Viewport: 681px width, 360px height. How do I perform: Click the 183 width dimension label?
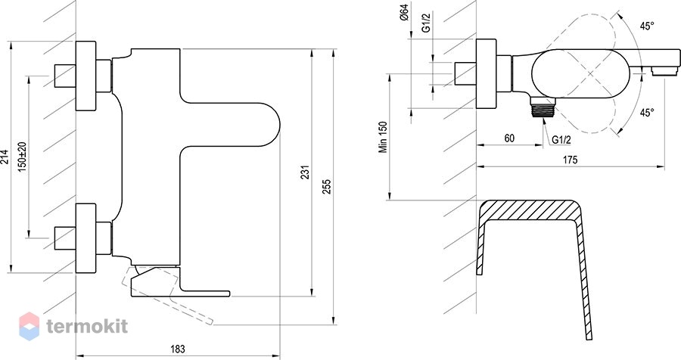coord(178,349)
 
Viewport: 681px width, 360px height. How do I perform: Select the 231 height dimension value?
coord(306,172)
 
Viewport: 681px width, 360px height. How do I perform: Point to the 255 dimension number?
coord(327,187)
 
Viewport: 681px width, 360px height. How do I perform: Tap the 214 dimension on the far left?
coord(5,157)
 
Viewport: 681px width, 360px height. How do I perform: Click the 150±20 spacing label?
coord(23,157)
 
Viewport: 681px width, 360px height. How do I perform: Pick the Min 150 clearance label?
coord(383,137)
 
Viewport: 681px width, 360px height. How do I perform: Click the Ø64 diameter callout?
coord(404,12)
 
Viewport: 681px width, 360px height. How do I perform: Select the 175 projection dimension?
coord(571,160)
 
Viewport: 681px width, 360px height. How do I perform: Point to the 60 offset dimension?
coord(510,138)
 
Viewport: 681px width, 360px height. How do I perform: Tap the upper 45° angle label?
coord(647,26)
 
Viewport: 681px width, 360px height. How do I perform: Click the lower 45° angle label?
coord(647,113)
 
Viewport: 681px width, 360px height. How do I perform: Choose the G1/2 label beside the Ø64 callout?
coord(426,22)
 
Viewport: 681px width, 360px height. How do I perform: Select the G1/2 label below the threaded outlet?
coord(561,140)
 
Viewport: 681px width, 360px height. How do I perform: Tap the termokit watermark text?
coord(87,326)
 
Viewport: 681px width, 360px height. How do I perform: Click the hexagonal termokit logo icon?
coord(29,326)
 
